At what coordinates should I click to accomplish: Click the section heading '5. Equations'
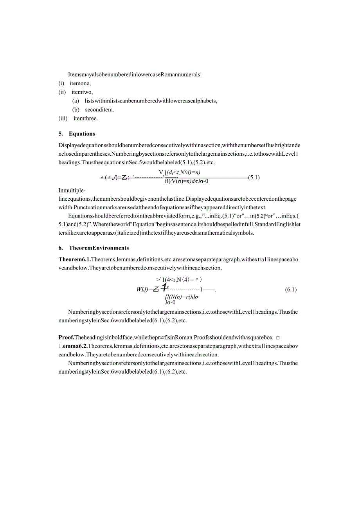click(77, 134)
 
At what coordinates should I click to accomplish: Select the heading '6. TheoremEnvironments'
click(94, 248)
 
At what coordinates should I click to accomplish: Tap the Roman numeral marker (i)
click(61, 83)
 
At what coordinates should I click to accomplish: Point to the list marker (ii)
click(62, 92)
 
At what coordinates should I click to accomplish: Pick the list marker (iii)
click(63, 119)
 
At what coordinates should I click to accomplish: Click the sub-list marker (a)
click(76, 101)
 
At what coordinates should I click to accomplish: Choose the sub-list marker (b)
click(76, 110)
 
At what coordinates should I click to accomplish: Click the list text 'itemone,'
click(80, 83)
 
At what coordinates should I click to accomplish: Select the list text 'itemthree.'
click(86, 119)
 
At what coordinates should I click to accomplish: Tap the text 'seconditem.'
click(99, 110)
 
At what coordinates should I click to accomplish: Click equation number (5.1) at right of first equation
click(254, 178)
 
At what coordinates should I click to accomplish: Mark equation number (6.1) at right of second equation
click(291, 290)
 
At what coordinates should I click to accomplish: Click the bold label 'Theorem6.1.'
click(74, 259)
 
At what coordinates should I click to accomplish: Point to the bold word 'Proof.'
click(66, 338)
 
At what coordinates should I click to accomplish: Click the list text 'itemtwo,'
click(82, 92)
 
